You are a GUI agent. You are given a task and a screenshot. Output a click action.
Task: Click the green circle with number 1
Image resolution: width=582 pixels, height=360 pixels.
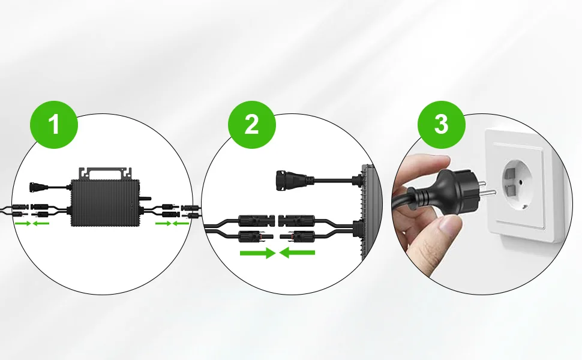pyautogui.click(x=54, y=125)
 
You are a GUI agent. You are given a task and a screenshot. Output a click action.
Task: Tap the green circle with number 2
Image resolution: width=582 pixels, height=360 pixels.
pyautogui.click(x=251, y=125)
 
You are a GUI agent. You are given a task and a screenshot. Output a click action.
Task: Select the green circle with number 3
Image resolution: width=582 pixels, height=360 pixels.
pyautogui.click(x=442, y=125)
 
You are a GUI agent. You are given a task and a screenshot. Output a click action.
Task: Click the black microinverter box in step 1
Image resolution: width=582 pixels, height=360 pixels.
pyautogui.click(x=105, y=202)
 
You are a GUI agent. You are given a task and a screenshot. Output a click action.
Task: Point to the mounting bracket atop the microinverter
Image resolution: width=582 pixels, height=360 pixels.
pyautogui.click(x=105, y=173)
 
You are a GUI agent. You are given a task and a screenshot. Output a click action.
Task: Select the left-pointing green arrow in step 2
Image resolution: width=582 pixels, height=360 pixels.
pyautogui.click(x=297, y=253)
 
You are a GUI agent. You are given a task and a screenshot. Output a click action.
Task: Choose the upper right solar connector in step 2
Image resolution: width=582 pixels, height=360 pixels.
pyautogui.click(x=297, y=220)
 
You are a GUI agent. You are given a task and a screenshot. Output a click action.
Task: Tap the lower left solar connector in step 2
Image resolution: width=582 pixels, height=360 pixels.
pyautogui.click(x=256, y=236)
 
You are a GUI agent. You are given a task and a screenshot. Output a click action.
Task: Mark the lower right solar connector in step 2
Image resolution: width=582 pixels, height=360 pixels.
pyautogui.click(x=298, y=236)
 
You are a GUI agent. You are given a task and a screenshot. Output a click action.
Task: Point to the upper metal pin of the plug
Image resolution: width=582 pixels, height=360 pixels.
pyautogui.click(x=481, y=183)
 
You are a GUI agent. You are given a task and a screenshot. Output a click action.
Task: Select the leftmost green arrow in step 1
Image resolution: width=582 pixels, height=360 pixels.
pyautogui.click(x=22, y=223)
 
